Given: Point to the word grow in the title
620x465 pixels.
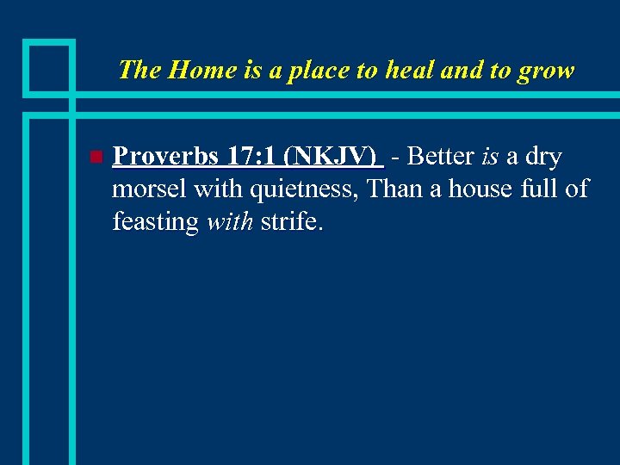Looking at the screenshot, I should pyautogui.click(x=545, y=70).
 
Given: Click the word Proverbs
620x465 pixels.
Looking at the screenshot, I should pyautogui.click(x=164, y=157).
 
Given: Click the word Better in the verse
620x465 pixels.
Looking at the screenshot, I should pyautogui.click(x=440, y=157).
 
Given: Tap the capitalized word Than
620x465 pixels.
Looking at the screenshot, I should pyautogui.click(x=395, y=189).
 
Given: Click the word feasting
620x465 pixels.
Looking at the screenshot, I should pyautogui.click(x=156, y=222).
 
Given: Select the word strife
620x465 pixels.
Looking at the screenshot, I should pyautogui.click(x=290, y=221).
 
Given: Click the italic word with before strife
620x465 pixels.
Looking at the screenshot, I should pyautogui.click(x=230, y=221).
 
